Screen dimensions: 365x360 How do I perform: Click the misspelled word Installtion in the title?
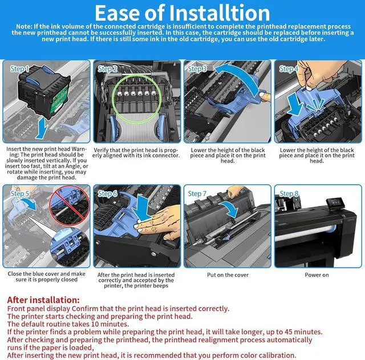click(x=220, y=13)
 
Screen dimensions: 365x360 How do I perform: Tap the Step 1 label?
click(x=19, y=69)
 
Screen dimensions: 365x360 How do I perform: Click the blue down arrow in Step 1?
click(x=42, y=128)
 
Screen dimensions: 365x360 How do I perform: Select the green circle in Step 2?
click(x=137, y=99)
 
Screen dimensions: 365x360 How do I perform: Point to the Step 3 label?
click(x=197, y=69)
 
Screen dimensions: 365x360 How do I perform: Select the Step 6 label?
click(x=107, y=194)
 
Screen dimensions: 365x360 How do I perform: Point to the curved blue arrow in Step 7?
click(x=230, y=208)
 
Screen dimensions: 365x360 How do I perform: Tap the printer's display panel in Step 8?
click(x=335, y=204)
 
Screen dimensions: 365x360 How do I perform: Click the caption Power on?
click(x=317, y=275)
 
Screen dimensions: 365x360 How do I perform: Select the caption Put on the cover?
click(x=228, y=275)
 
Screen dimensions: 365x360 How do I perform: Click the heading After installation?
click(x=43, y=300)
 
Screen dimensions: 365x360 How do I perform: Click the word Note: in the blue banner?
click(x=24, y=26)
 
